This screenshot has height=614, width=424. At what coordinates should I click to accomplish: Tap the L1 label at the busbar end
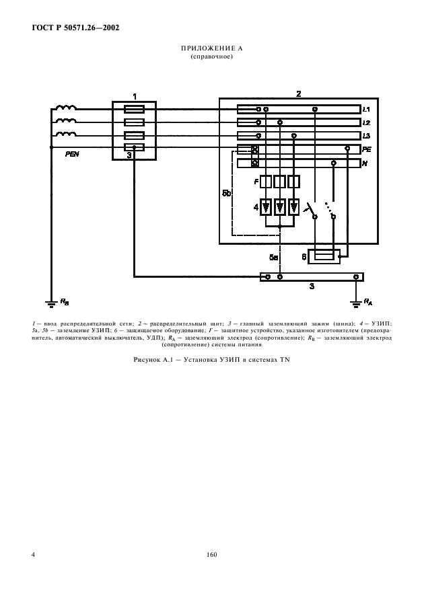(x=366, y=109)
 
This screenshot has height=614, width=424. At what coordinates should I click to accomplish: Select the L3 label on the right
(x=366, y=136)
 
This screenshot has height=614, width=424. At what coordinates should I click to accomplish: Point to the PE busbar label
(x=367, y=149)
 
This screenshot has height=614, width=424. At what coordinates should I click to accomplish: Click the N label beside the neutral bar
(x=364, y=163)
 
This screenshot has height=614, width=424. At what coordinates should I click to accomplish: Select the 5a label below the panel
(x=273, y=257)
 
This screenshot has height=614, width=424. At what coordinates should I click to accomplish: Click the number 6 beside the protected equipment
(x=304, y=256)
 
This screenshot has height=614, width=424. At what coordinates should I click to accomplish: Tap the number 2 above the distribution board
(x=298, y=93)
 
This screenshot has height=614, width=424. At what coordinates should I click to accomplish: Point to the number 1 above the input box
(x=134, y=97)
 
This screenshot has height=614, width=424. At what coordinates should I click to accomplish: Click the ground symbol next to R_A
(x=355, y=301)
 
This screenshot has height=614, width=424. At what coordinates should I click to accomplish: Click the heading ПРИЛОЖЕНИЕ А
(x=211, y=50)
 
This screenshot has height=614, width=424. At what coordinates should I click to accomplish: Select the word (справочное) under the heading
(x=211, y=57)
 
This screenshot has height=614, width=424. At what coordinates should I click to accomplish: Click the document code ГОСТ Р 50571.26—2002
(x=70, y=28)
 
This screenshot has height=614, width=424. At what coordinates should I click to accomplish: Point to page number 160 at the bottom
(x=211, y=555)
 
